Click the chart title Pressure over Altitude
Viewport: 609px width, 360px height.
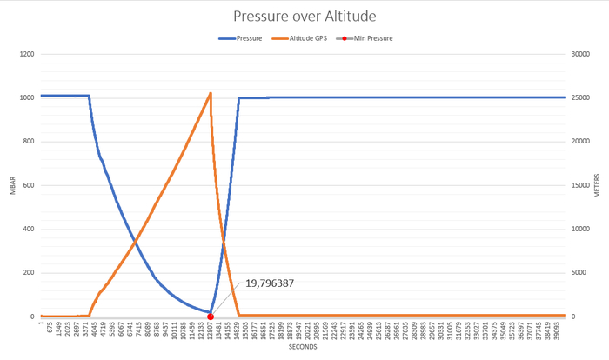coord(304,16)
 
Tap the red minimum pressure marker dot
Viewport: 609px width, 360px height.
coord(211,317)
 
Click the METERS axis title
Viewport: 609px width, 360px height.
coord(598,185)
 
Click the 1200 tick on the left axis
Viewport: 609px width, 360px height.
coord(24,54)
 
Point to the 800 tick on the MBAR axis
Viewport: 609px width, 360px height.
coord(26,142)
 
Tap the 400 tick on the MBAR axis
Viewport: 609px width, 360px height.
coord(26,230)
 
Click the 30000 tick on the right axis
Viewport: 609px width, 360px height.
coord(581,54)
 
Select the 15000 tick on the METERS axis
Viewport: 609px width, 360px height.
coord(581,185)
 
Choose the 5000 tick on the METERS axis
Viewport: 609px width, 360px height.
coord(579,273)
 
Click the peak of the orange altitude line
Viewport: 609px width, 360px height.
coord(211,93)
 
